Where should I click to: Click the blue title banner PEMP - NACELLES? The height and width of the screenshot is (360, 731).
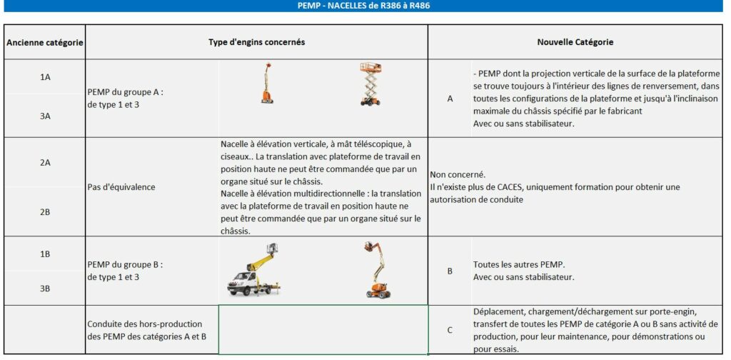pos(364,6)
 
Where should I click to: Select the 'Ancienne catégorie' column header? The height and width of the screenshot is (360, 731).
pos(45,43)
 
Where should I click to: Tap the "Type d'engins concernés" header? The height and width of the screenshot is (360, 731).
pos(257,42)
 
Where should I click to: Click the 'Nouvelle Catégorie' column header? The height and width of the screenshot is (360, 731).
pos(575,42)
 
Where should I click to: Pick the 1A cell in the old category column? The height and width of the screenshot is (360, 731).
pos(45,77)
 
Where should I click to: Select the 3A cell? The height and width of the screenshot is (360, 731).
pos(45,115)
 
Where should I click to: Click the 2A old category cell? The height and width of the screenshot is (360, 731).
pos(45,163)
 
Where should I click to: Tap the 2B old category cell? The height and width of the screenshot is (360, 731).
pos(45,211)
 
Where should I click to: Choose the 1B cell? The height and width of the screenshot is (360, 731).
pos(45,254)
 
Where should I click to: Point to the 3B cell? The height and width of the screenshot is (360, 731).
pos(45,289)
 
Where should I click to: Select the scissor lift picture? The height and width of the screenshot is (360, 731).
pos(370,85)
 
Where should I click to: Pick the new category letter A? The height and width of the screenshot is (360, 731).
pos(450,99)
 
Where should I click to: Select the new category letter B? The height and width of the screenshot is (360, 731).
pos(450,271)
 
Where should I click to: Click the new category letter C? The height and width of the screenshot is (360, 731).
pos(450,330)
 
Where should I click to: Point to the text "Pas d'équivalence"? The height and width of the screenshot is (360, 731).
pos(121,187)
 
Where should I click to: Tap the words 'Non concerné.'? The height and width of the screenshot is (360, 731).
pos(458,174)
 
